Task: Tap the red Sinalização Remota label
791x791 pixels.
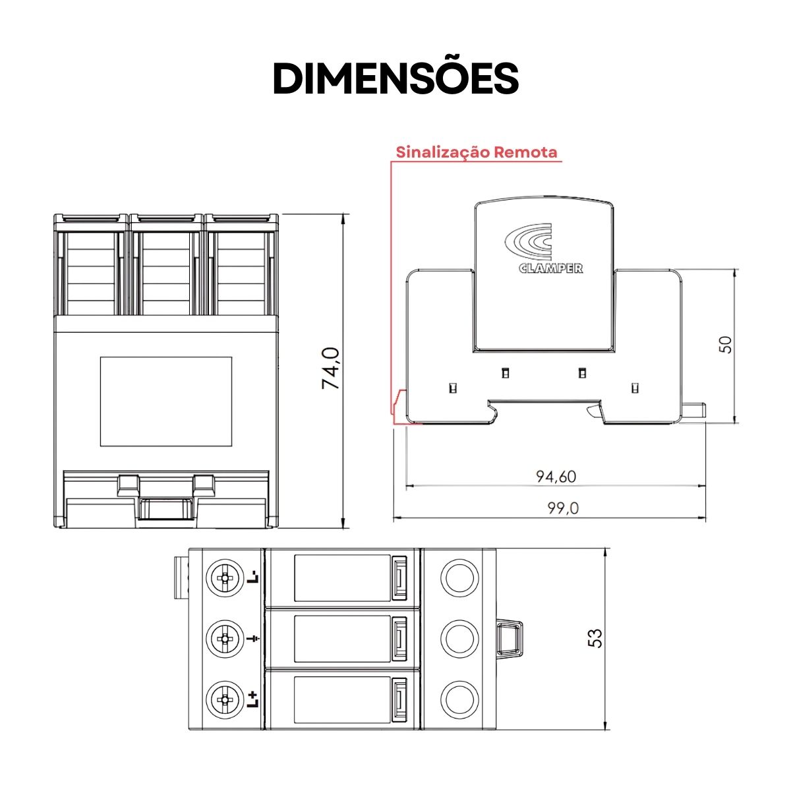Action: point(476,152)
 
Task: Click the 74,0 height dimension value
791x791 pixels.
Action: point(331,368)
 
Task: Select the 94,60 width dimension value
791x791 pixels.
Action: point(556,476)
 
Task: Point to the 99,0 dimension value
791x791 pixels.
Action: point(563,508)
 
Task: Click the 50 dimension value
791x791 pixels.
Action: point(725,344)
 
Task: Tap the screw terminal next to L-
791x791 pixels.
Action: point(224,578)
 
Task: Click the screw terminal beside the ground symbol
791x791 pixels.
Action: point(224,639)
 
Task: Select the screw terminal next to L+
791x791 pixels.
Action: point(224,699)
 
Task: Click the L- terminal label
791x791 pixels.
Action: point(253,577)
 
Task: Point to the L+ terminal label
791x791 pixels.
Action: point(253,699)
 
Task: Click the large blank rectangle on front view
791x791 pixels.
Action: point(166,401)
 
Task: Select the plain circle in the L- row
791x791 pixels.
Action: point(459,578)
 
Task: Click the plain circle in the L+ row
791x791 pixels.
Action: point(459,699)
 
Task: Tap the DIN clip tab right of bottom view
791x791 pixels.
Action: point(510,638)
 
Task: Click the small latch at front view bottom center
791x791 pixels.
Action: point(166,510)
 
